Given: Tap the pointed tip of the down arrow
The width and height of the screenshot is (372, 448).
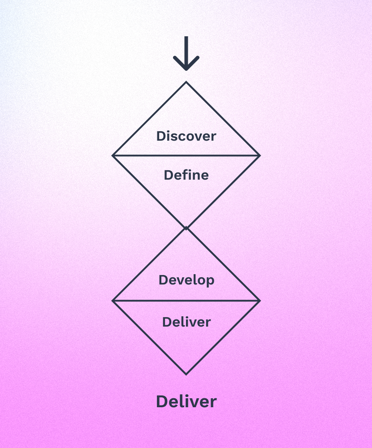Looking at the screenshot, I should click(186, 70).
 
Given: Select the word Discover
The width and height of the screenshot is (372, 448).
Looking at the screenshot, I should click(186, 136).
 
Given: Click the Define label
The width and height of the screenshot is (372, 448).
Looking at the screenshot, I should click(186, 175).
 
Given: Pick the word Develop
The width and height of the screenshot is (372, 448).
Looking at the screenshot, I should click(186, 280).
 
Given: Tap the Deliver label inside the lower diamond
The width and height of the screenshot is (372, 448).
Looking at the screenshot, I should click(186, 322).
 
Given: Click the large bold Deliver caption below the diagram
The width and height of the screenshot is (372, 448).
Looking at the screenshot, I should click(186, 401).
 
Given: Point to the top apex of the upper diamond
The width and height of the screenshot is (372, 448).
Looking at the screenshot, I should click(186, 82).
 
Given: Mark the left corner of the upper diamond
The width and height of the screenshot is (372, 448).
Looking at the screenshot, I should click(112, 155).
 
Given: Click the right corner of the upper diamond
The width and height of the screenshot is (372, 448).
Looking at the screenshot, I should click(260, 155).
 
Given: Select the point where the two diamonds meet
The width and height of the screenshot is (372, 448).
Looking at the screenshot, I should click(186, 228).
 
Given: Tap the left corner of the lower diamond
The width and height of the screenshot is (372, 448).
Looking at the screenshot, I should click(112, 301).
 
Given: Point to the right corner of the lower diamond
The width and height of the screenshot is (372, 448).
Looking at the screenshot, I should click(260, 301).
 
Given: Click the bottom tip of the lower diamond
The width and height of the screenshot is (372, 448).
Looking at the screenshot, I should click(186, 374).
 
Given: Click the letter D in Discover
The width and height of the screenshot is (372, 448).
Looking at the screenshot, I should click(161, 136).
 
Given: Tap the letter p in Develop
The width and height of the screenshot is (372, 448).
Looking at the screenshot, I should click(210, 281).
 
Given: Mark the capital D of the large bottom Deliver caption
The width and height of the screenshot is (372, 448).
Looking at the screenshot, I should click(162, 401).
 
